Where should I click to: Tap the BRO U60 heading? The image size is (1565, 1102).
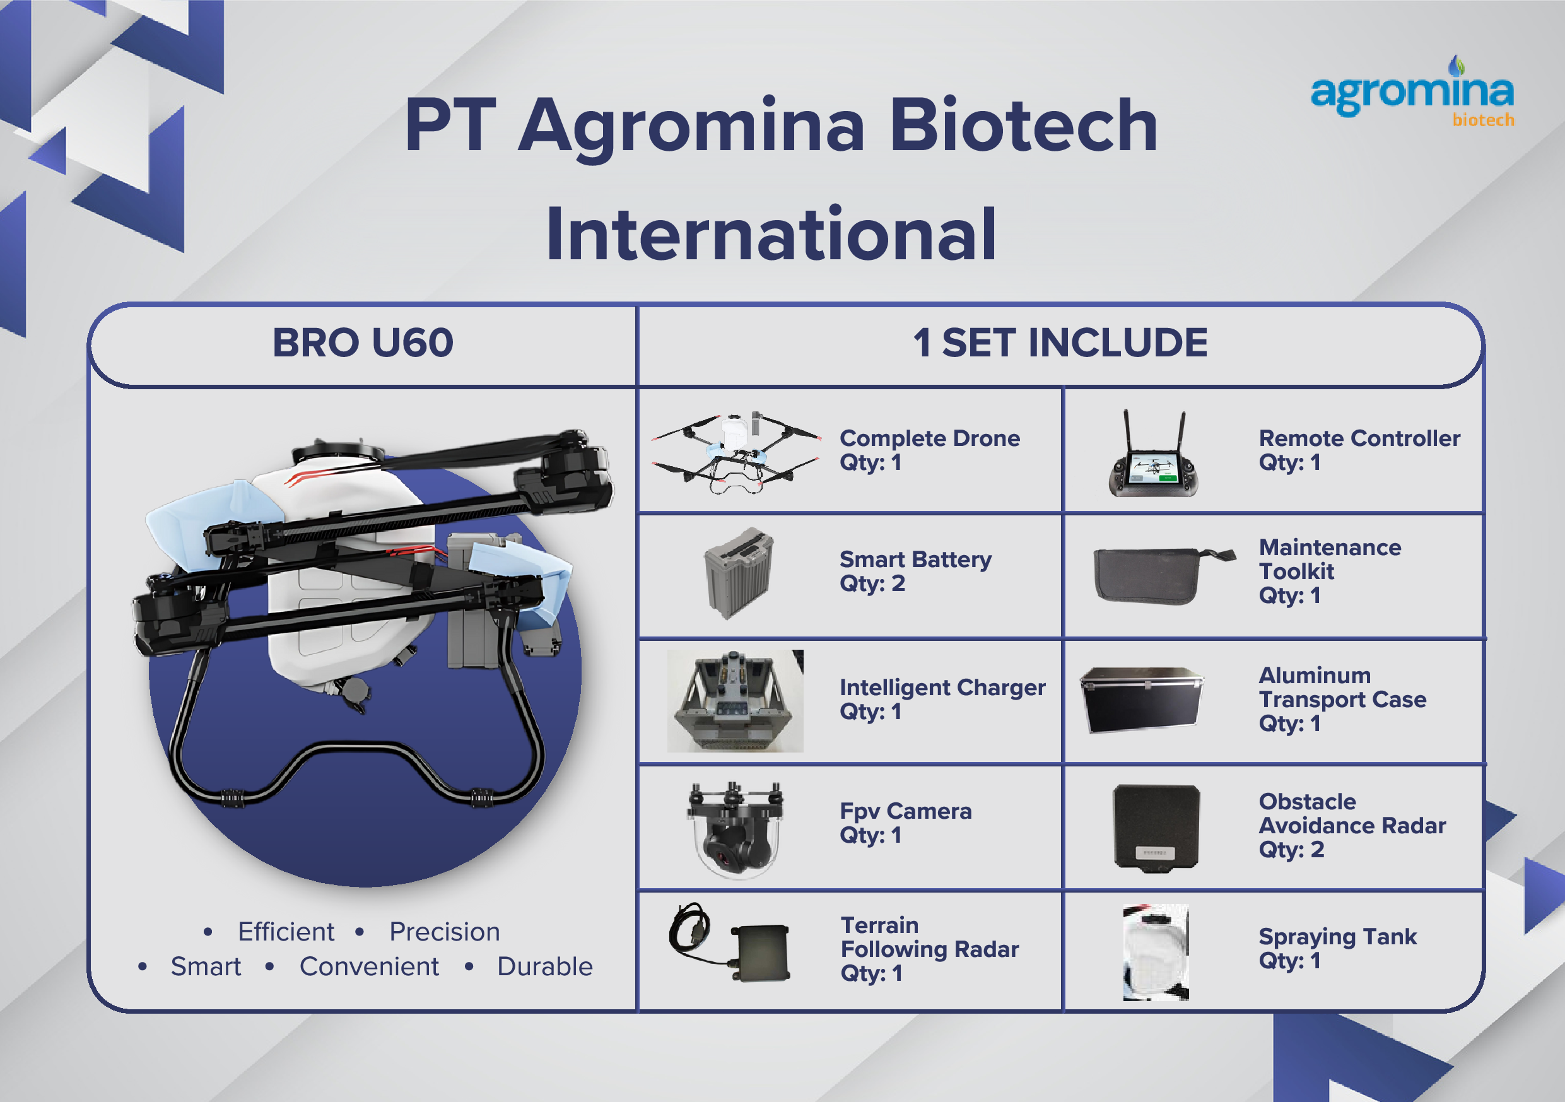pos(363,343)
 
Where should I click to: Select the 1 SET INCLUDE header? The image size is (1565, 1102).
pos(1060,343)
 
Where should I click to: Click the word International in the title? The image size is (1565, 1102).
pos(771,235)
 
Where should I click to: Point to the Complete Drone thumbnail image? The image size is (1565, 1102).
pos(736,452)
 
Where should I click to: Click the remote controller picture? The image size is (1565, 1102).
pos(1153,455)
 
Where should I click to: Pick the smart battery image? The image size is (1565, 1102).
pos(738,573)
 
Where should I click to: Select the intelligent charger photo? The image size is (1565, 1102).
pos(735,701)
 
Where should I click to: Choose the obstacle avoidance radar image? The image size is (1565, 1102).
pos(1156,826)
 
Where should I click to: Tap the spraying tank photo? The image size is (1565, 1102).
pos(1156,952)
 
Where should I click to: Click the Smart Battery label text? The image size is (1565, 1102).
pos(915,560)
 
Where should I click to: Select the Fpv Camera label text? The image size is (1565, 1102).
pos(905,811)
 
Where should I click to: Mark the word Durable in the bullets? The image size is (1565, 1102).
pos(544,966)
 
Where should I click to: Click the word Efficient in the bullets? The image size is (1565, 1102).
pos(286,932)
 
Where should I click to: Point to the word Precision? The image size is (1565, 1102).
pos(445,932)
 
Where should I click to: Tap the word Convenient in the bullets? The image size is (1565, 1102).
pos(369,966)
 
